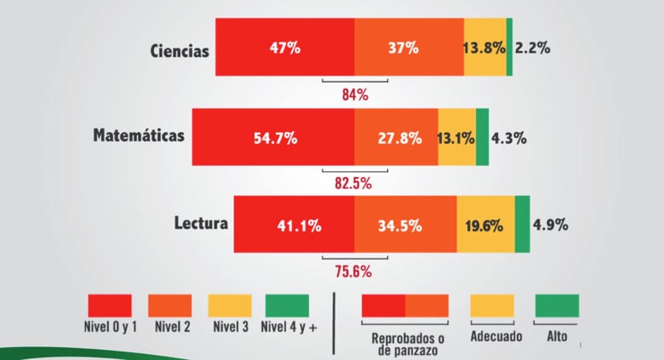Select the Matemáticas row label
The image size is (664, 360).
point(139,136)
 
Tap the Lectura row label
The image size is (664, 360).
point(200,225)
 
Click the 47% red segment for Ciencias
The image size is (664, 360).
point(284,48)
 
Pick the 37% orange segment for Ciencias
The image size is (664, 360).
point(409,48)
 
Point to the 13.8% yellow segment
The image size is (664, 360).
point(484,48)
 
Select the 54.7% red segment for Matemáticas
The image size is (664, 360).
point(273,137)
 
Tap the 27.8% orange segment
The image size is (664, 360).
point(396,137)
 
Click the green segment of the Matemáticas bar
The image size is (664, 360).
point(482,137)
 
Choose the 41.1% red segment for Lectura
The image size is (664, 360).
point(295,226)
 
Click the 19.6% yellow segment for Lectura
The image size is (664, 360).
point(486,226)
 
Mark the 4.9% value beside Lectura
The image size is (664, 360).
point(550,226)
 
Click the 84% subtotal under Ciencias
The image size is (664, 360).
point(354,94)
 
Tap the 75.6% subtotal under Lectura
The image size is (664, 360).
point(354,271)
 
